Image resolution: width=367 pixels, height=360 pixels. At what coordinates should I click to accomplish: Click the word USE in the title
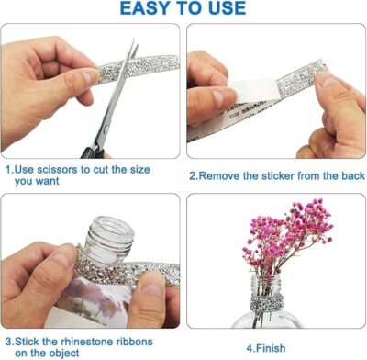pos(227,8)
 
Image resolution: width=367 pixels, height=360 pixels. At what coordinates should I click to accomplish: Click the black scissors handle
pos(93,152)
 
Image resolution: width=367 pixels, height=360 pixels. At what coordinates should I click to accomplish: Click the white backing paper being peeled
pos(255,91)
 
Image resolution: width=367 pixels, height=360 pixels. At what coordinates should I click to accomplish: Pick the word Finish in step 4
pos(271,348)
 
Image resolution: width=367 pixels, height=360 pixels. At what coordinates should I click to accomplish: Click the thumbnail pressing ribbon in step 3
pos(153,285)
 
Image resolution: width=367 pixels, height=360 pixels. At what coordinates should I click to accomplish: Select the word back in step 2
pos(354,176)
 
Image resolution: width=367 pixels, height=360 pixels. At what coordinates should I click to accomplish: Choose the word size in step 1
pos(140,170)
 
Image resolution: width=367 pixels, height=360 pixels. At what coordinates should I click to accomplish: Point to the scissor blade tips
pos(135,43)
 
